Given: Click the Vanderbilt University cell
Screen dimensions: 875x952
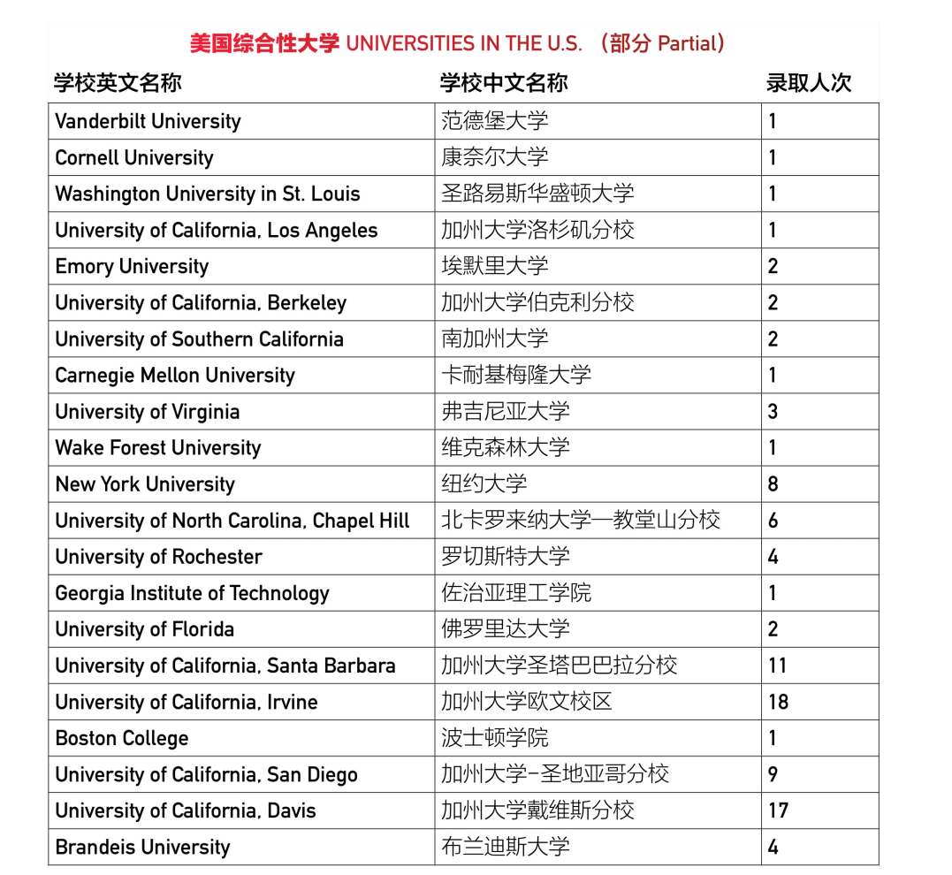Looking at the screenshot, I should click(x=148, y=121).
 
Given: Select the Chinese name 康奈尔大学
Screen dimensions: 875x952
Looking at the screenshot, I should click(x=495, y=157).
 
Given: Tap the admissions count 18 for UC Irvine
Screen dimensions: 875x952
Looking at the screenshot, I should click(x=778, y=702).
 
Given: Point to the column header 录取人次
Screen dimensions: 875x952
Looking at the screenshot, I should click(x=808, y=83).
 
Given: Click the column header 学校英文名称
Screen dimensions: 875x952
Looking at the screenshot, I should click(x=118, y=83).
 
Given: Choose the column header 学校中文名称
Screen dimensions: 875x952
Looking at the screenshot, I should click(x=504, y=83).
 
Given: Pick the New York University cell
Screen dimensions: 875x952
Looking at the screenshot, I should click(x=145, y=484).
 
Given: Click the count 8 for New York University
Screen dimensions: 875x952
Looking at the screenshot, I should click(x=773, y=484).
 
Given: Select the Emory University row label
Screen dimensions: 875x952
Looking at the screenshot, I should click(x=132, y=266).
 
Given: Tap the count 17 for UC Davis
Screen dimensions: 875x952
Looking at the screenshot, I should click(x=778, y=810).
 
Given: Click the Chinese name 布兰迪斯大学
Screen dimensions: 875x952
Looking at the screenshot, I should click(x=506, y=847).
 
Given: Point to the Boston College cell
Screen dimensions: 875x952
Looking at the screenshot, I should click(x=122, y=738).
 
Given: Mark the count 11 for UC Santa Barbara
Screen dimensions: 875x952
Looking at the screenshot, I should click(x=777, y=666).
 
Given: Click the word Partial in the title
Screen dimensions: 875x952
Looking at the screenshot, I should click(x=687, y=43).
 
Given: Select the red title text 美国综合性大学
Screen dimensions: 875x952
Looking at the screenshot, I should click(x=264, y=43).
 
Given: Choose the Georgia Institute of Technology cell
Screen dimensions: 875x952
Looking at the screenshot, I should click(x=192, y=593).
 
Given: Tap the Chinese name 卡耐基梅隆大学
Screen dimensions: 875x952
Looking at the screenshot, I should click(x=516, y=375).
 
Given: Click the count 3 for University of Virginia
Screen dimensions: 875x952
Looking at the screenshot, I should click(x=773, y=412).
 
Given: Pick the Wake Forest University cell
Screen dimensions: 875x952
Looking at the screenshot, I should click(x=158, y=448).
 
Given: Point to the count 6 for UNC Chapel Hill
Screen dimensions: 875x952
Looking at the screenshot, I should click(x=773, y=521).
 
